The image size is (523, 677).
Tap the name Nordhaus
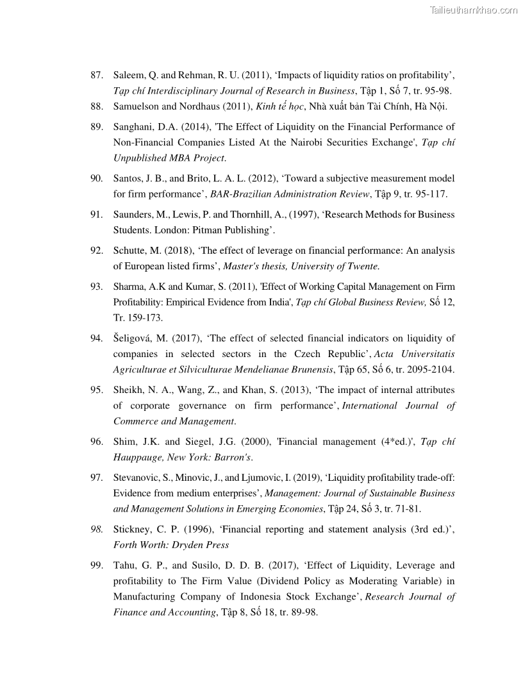coord(202,106)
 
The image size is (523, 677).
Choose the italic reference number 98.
coord(97,530)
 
